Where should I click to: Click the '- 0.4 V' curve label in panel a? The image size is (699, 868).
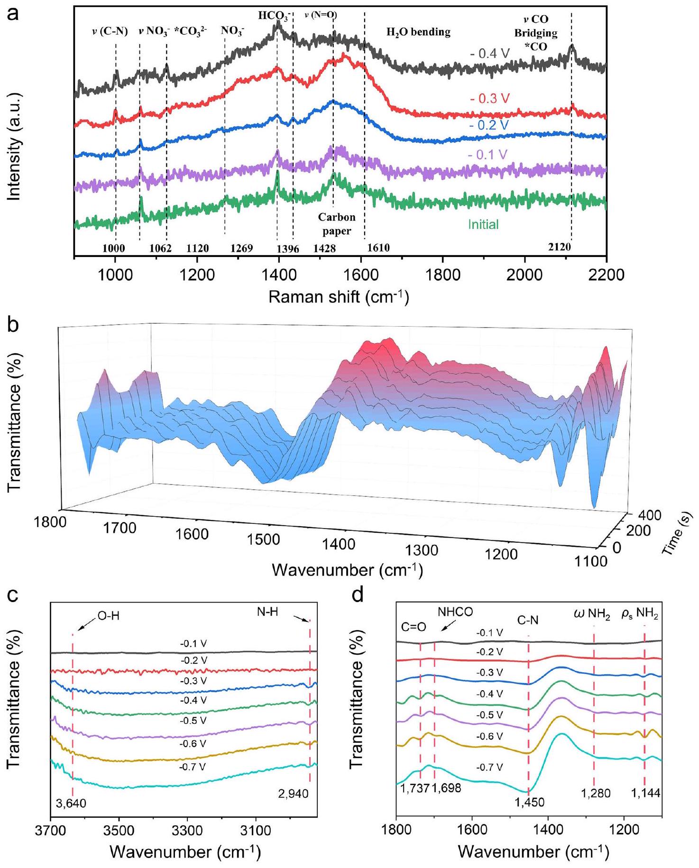(490, 54)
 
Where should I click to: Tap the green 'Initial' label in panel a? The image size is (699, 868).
(483, 224)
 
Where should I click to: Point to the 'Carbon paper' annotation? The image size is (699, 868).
(337, 224)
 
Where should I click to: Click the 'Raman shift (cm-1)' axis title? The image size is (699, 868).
(339, 297)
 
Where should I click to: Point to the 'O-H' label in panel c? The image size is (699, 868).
(109, 615)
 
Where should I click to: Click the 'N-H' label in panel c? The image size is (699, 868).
(267, 612)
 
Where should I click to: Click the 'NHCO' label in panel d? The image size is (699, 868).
(455, 612)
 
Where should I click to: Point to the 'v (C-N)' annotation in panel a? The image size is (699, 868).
(110, 32)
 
